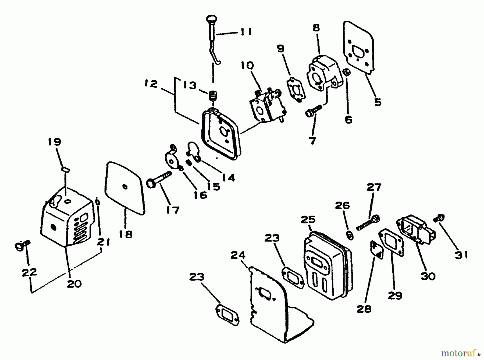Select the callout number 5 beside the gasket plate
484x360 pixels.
(378, 102)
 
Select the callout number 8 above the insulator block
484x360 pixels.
(316, 28)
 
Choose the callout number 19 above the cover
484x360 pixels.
(55, 142)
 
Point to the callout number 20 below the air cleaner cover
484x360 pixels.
(74, 283)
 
